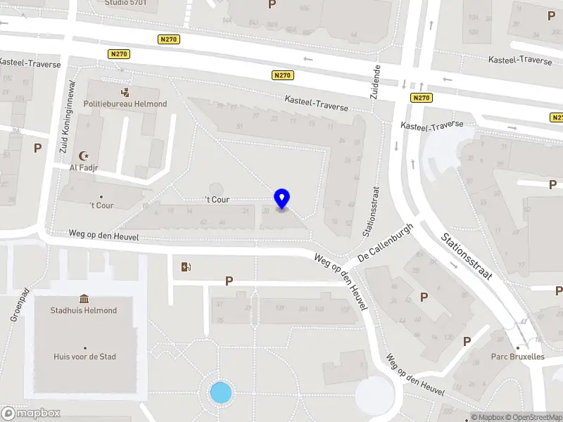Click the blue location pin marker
[x=282, y=199]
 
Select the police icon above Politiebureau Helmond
[x=125, y=92]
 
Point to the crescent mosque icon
[x=87, y=155]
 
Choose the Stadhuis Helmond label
[x=84, y=310]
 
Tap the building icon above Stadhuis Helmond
[x=84, y=299]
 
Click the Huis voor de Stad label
[x=85, y=357]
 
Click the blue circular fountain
[x=221, y=392]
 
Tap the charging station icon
[x=186, y=267]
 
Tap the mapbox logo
[x=31, y=413]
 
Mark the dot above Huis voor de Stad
[x=85, y=347]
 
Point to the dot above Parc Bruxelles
[x=519, y=347]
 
